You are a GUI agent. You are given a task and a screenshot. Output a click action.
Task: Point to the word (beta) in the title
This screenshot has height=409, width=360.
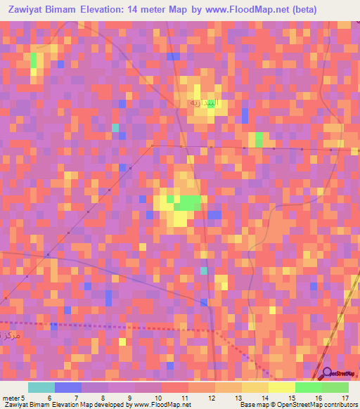coord(303,10)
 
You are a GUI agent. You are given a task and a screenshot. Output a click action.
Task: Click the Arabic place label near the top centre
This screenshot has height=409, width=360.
coord(204,103)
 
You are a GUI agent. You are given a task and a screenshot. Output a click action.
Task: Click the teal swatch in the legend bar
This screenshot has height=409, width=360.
coord(41,387)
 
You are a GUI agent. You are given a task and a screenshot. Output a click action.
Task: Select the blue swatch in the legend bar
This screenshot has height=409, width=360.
coord(67,387)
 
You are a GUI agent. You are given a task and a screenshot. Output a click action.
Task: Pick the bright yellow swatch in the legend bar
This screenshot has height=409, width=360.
coord(281,387)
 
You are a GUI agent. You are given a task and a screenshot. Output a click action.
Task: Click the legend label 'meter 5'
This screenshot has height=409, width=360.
coord(13,398)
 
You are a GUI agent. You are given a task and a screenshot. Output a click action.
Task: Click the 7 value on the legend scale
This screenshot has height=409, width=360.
coord(77,398)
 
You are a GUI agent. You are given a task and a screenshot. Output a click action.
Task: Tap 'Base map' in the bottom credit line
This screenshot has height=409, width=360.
coord(252,405)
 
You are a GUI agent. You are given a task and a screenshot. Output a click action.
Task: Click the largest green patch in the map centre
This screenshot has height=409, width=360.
coord(187,203)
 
